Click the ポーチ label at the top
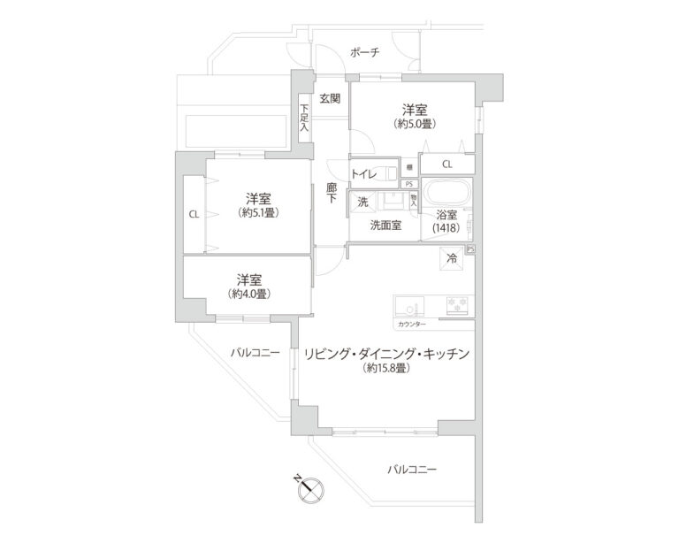[x=364, y=53]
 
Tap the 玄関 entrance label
[x=330, y=98]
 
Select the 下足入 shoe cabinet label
[x=303, y=118]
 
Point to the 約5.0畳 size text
[x=415, y=124]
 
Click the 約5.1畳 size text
[x=258, y=212]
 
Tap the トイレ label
[x=364, y=174]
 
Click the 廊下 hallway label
[x=331, y=194]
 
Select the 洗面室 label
[x=385, y=225]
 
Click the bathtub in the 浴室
[x=448, y=193]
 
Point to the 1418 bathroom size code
[x=446, y=229]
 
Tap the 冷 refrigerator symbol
[x=451, y=259]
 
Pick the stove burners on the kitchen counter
[x=459, y=306]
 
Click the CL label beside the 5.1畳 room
[x=193, y=213]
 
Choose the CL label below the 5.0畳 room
[x=446, y=164]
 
